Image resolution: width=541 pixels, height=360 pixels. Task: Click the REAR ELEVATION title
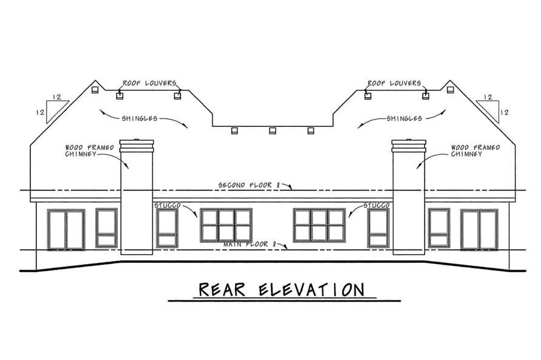click(x=272, y=289)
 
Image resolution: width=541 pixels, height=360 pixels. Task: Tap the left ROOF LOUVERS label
click(x=149, y=83)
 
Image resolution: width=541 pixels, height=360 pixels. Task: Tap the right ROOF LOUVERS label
click(x=395, y=83)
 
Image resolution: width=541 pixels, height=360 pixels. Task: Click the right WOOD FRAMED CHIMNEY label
click(x=475, y=151)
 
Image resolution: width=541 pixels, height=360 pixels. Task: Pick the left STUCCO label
click(x=166, y=206)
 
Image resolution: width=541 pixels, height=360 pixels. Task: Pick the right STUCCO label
click(x=376, y=206)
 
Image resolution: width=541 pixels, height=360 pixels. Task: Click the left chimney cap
click(x=137, y=145)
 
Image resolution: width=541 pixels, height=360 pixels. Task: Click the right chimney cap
click(x=408, y=145)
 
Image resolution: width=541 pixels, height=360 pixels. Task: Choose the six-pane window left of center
click(x=226, y=225)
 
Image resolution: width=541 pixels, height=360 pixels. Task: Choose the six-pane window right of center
click(x=319, y=225)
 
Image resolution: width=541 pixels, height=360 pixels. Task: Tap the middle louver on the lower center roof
click(x=272, y=131)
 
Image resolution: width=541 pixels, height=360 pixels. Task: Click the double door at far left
click(x=66, y=230)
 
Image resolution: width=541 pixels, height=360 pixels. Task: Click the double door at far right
click(x=479, y=230)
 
